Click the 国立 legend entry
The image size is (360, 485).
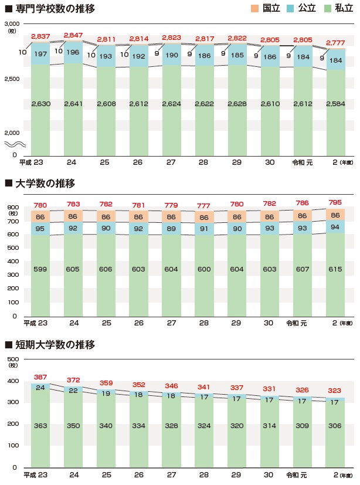click(x=266, y=9)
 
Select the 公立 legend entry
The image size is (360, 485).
click(x=301, y=9)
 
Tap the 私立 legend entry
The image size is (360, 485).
click(x=337, y=9)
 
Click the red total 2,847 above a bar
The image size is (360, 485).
click(x=74, y=36)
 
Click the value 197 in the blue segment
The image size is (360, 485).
click(x=40, y=54)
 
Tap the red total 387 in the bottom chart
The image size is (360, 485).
click(x=40, y=377)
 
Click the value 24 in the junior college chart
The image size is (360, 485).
click(x=40, y=388)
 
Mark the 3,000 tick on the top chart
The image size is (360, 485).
click(x=12, y=22)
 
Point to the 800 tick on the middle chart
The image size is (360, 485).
click(x=13, y=207)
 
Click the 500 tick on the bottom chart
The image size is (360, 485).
click(x=13, y=359)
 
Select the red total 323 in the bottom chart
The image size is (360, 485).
click(x=336, y=390)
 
